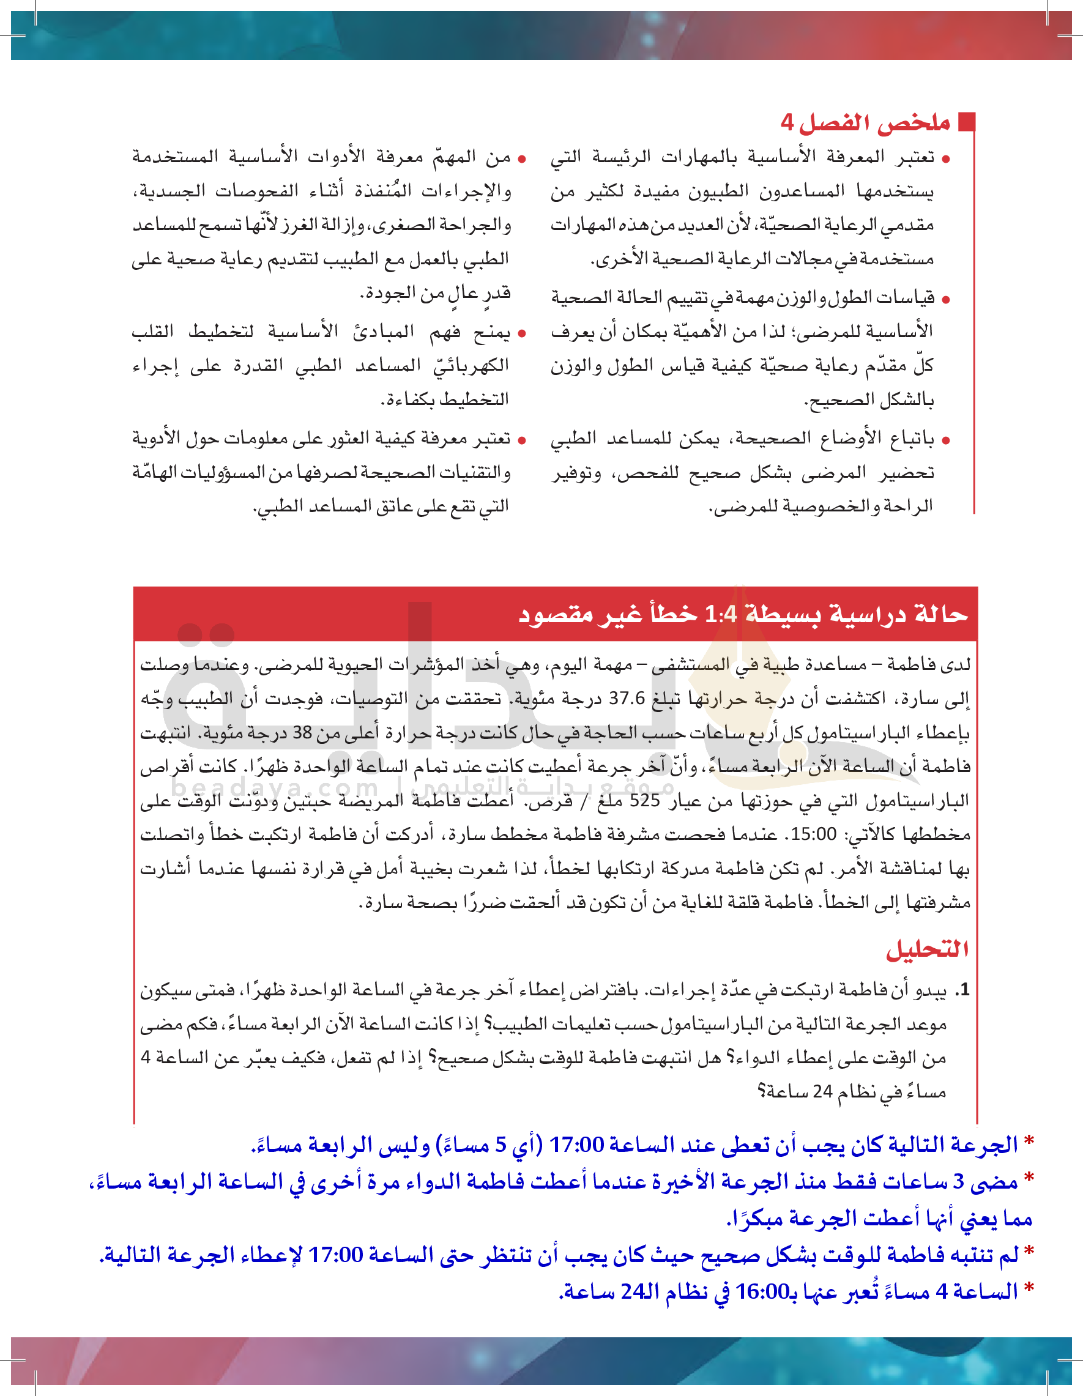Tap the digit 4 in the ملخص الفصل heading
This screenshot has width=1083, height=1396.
[x=787, y=122]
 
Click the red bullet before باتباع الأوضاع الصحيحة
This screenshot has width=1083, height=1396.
[x=946, y=440]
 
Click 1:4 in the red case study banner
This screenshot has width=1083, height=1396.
[x=721, y=615]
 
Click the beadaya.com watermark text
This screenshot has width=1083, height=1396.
[x=275, y=787]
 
